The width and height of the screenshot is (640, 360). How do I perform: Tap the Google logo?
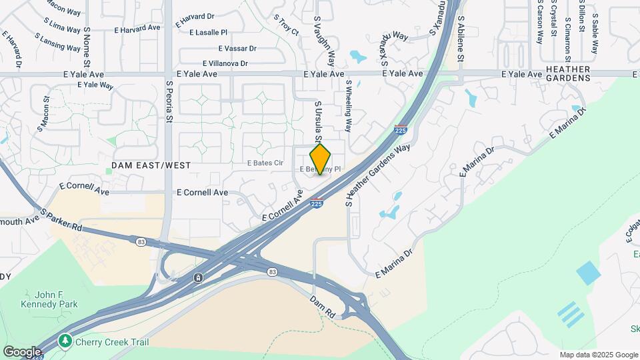pyautogui.click(x=22, y=351)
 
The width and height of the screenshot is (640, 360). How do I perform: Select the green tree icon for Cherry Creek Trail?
pyautogui.click(x=65, y=341)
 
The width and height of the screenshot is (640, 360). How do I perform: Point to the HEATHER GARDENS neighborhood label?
pyautogui.click(x=567, y=73)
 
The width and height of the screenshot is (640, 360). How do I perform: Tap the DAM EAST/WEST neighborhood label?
pyautogui.click(x=151, y=165)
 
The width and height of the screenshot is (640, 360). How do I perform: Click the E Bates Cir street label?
pyautogui.click(x=265, y=163)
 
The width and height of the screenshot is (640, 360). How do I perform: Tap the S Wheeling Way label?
pyautogui.click(x=348, y=107)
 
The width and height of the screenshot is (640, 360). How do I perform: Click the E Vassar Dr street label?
pyautogui.click(x=237, y=48)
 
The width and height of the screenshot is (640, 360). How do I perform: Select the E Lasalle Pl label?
pyautogui.click(x=208, y=32)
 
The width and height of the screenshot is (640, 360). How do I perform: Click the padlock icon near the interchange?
pyautogui.click(x=198, y=277)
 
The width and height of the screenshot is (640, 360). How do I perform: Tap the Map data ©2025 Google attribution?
pyautogui.click(x=598, y=355)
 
